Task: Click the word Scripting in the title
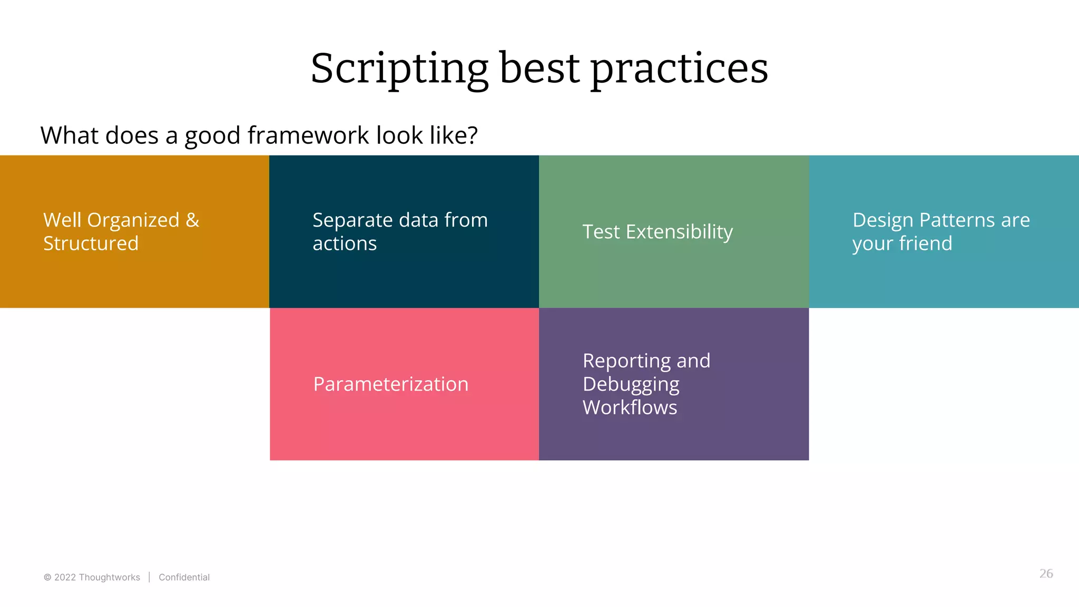[x=399, y=68]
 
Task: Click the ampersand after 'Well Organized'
[x=192, y=220]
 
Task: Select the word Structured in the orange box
[x=91, y=243]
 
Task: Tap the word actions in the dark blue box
[x=345, y=243]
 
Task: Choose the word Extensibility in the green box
[x=679, y=232]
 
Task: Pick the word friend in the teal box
[x=926, y=243]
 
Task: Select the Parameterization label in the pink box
[x=390, y=384]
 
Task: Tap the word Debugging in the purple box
[x=631, y=384]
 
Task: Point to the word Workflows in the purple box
[x=630, y=407]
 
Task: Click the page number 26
[x=1046, y=574]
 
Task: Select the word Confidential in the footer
[x=184, y=577]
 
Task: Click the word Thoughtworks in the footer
[x=109, y=577]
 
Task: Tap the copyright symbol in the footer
[x=47, y=577]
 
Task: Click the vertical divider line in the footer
[x=150, y=577]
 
